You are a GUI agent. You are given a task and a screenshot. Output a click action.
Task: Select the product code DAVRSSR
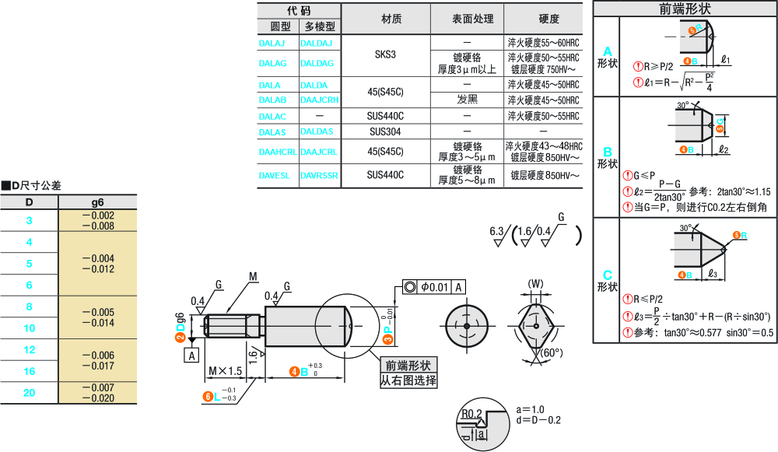click(319, 176)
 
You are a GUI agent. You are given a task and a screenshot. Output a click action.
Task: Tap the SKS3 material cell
click(385, 54)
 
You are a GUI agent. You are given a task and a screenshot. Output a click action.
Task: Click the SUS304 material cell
click(385, 131)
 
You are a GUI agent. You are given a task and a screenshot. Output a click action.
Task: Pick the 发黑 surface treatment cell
click(467, 100)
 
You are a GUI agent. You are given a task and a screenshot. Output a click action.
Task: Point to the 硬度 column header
click(548, 19)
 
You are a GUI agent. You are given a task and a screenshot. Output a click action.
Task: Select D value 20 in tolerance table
click(30, 393)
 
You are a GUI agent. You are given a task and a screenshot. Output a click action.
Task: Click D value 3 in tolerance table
click(30, 220)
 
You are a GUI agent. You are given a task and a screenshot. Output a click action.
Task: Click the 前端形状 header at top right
click(685, 9)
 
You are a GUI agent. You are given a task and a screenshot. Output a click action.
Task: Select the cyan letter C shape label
click(608, 275)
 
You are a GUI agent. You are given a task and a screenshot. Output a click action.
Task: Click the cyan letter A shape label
click(608, 51)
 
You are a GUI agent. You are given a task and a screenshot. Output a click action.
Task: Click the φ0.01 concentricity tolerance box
click(435, 287)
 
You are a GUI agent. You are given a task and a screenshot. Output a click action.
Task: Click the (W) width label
click(535, 282)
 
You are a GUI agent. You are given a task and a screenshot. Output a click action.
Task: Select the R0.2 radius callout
click(471, 413)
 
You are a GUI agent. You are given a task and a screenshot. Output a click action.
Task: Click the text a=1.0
click(530, 409)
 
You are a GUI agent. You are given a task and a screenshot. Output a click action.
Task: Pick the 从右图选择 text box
click(408, 381)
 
